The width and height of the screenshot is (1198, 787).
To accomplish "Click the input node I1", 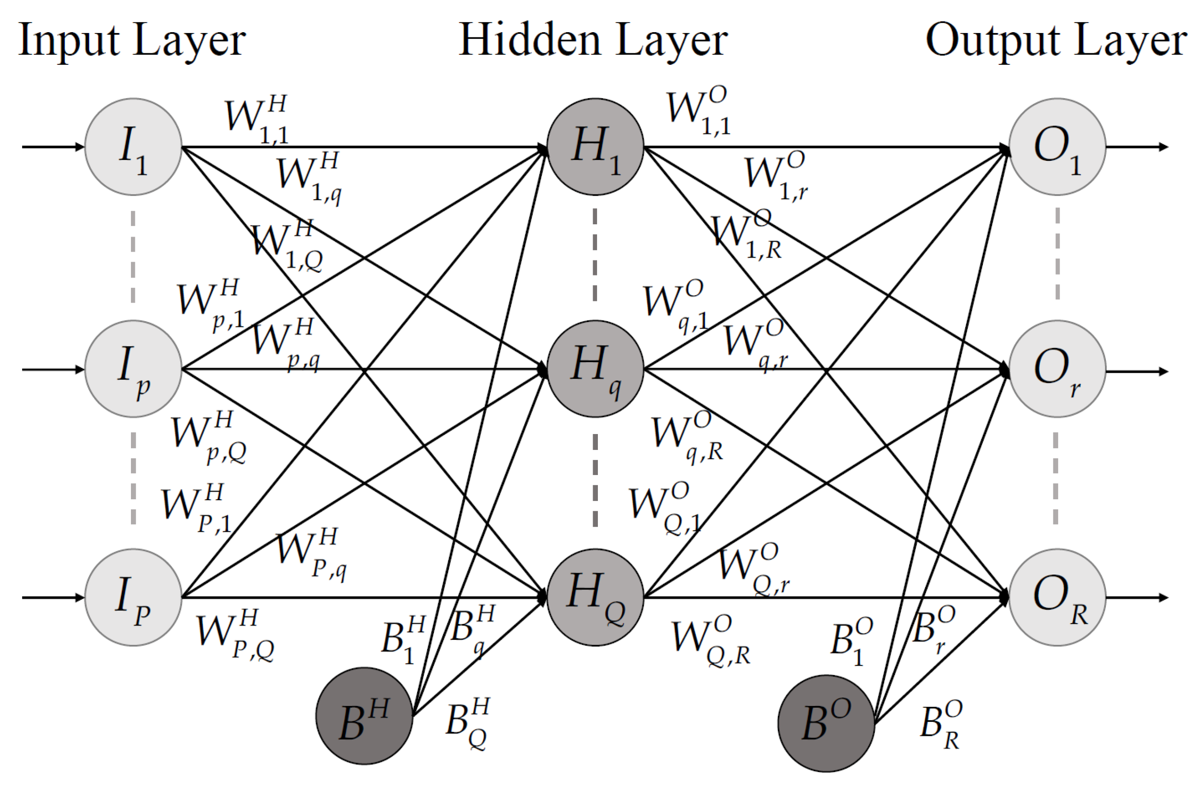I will [x=134, y=147].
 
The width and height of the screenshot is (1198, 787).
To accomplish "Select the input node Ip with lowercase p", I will [x=134, y=369].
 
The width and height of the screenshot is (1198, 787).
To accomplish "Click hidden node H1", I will [x=596, y=147].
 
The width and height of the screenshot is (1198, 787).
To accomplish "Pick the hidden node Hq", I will [x=596, y=369].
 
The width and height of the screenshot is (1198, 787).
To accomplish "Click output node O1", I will [x=1057, y=147].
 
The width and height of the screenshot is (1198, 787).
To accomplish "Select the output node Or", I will [x=1057, y=369].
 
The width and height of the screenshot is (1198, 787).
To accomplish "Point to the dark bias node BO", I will [x=826, y=724].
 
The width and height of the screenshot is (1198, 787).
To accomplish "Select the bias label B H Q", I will [x=467, y=723].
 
